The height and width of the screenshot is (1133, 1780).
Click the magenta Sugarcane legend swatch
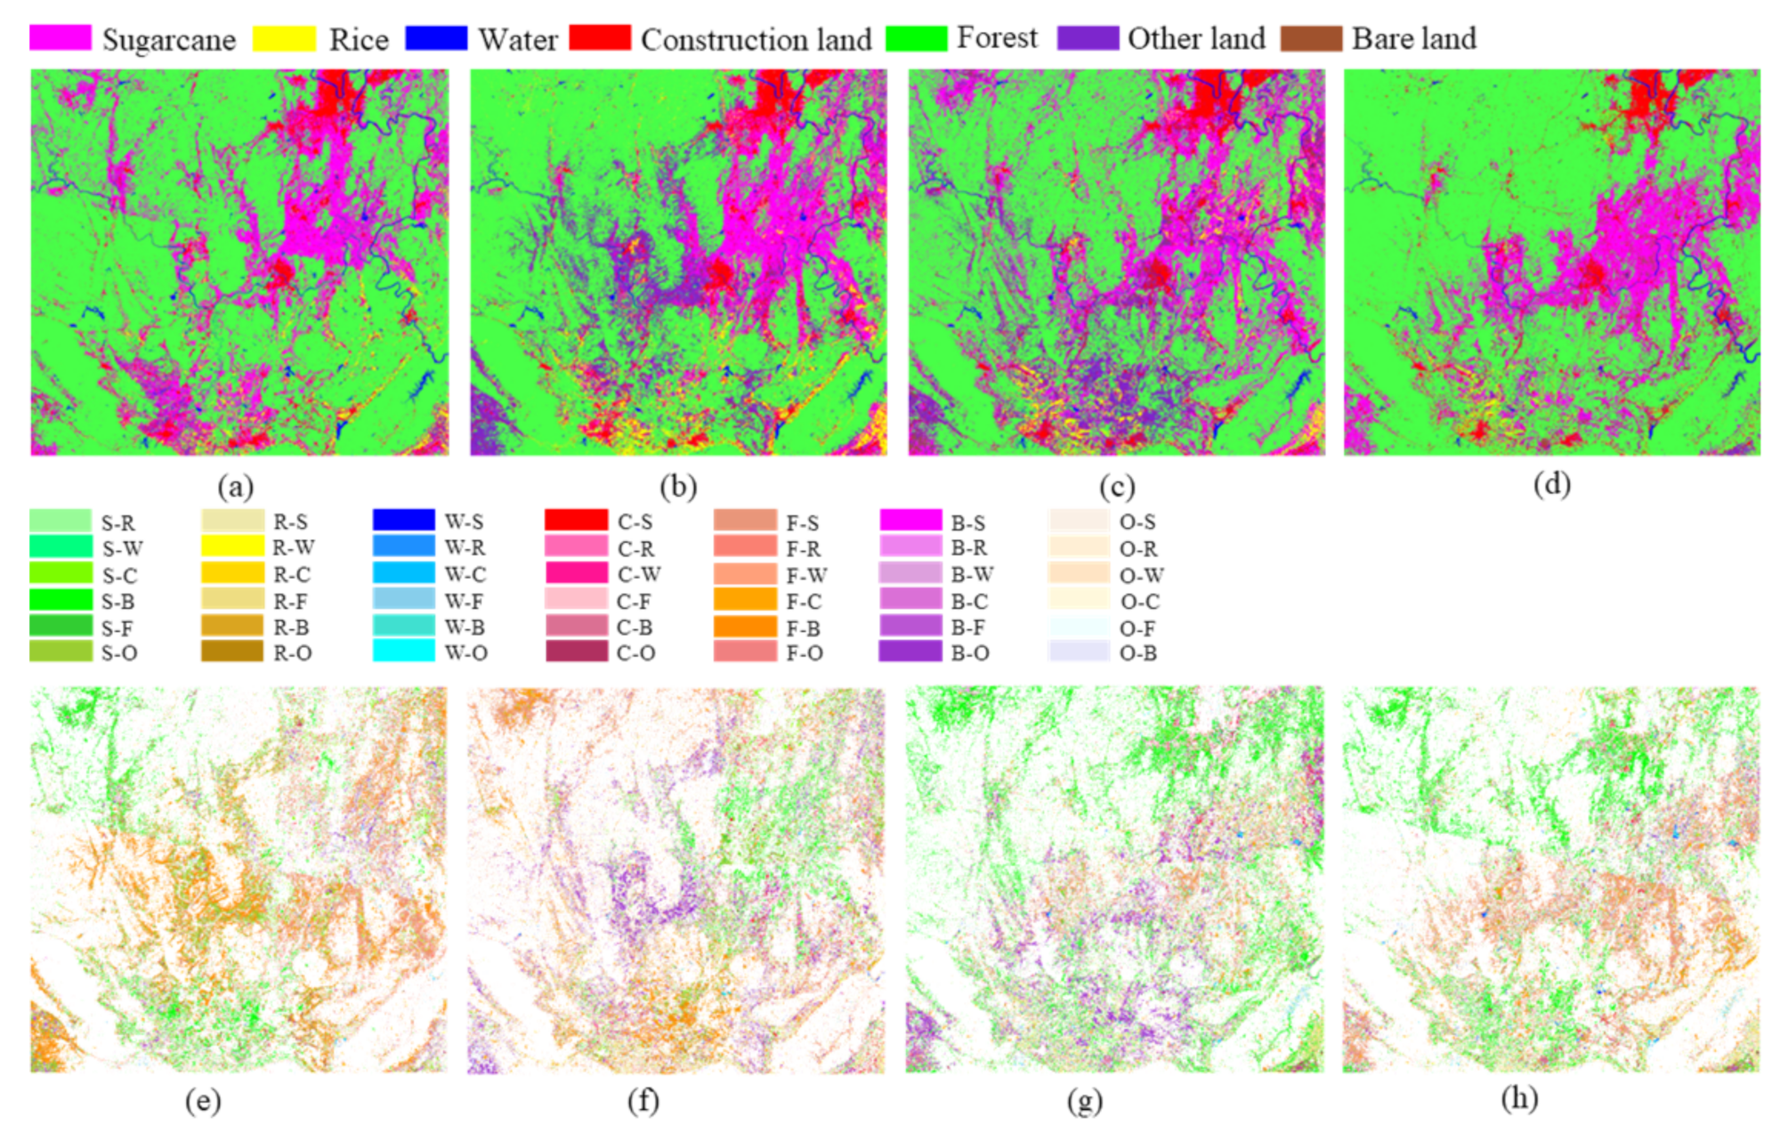coord(61,38)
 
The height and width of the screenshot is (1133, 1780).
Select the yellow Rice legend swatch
coord(284,38)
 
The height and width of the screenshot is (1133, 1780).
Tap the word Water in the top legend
coord(518,39)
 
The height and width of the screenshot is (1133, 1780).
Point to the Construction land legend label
coord(756,39)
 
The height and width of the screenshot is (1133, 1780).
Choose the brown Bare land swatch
coord(1311,38)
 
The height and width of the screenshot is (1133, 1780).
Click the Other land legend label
coord(1196,38)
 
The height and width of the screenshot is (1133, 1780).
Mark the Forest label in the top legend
coord(997,37)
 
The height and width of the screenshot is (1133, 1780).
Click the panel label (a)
coord(236,486)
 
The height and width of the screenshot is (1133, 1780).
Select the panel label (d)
coord(1551,484)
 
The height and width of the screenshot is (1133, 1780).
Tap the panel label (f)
coord(643,1101)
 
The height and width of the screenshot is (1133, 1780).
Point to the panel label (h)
coord(1519,1099)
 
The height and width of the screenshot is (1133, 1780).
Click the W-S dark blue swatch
coord(403,520)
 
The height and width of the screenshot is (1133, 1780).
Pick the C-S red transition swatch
coord(576,521)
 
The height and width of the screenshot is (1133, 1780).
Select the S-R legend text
coord(117,522)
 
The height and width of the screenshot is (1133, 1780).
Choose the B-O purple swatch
coord(910,651)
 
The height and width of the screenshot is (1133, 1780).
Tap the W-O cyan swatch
coord(403,651)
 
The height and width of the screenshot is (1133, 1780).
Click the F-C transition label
coord(804,601)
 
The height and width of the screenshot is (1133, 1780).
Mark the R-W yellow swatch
coord(232,546)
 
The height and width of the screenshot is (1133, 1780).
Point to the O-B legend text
coord(1137,652)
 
